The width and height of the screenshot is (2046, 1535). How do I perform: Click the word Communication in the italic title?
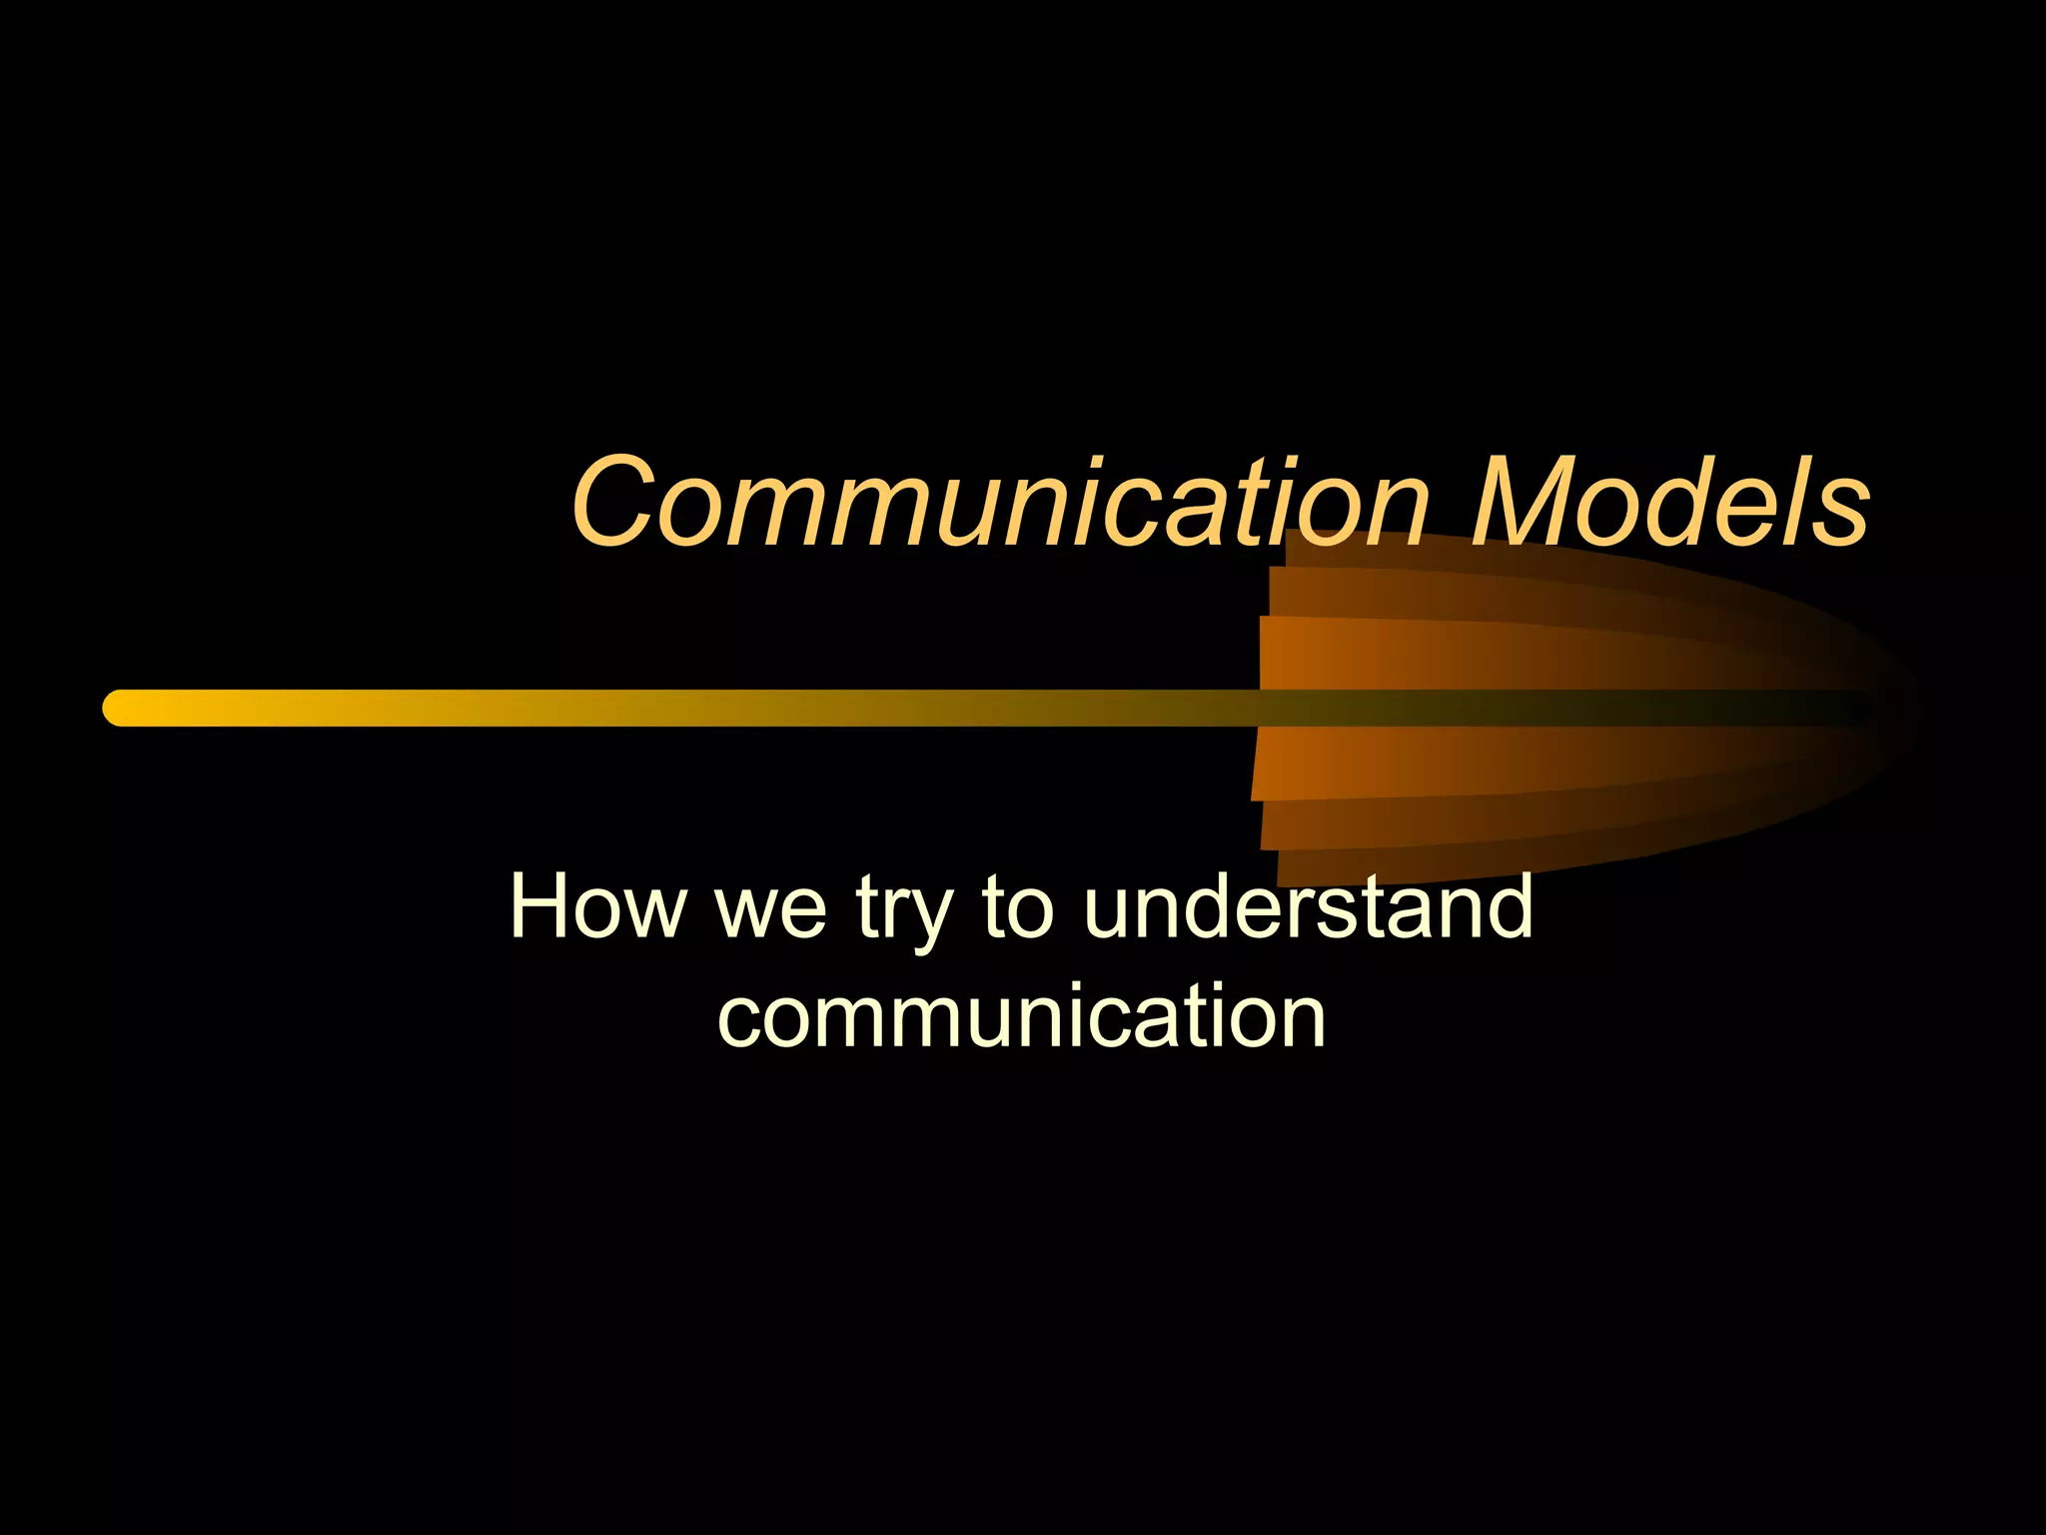[x=999, y=502]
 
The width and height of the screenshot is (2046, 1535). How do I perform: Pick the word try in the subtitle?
[x=903, y=911]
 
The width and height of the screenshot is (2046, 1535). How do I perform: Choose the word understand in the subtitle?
[x=1308, y=906]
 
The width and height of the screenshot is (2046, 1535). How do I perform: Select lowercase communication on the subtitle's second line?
[x=1022, y=1016]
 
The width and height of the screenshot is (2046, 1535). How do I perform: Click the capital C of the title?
[x=612, y=502]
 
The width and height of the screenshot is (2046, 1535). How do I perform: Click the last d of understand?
[x=1507, y=906]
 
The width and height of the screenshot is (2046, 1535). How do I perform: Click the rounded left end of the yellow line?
[x=118, y=708]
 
